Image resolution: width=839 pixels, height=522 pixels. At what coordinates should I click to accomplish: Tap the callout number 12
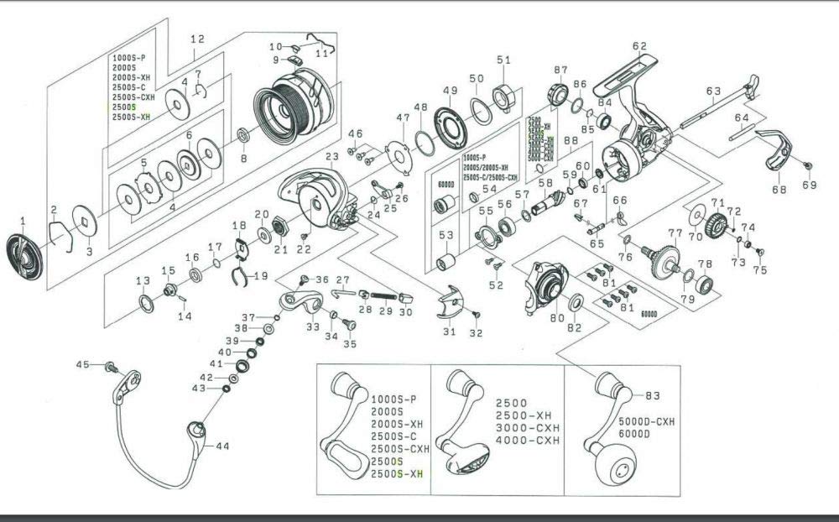197,39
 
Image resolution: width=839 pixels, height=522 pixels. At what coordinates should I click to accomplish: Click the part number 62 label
640,46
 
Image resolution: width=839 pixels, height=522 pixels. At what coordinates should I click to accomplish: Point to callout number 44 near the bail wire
221,447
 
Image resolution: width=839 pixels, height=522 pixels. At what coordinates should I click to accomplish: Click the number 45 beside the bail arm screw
81,364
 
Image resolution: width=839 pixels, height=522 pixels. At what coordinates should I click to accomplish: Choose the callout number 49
450,91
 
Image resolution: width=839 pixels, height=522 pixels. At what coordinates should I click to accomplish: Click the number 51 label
503,60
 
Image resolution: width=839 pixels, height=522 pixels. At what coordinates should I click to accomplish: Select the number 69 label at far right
809,185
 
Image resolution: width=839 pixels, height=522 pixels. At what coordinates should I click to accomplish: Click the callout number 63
714,91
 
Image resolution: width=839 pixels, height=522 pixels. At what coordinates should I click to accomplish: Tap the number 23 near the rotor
331,157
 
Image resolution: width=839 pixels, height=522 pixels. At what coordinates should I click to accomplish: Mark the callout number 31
449,332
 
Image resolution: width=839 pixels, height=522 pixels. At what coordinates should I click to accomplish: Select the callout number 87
560,70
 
